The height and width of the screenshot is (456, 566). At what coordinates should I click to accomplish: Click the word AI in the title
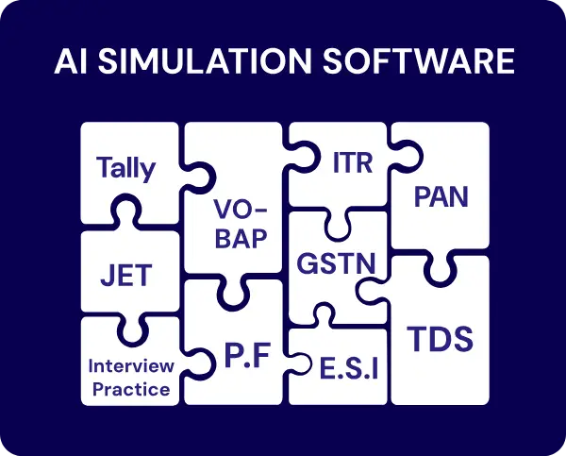coord(71,61)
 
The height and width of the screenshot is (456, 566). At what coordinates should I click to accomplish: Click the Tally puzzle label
coord(125,169)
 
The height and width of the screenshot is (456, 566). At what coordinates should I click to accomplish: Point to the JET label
coord(125,277)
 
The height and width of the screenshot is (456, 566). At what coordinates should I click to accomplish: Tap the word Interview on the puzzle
coord(131,365)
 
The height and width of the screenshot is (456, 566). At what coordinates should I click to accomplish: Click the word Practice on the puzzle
coord(131,389)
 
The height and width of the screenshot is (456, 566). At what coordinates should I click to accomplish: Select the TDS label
coord(440,338)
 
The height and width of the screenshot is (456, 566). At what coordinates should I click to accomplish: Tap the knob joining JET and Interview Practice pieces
coord(131,323)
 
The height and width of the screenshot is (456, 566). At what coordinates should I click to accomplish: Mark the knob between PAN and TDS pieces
coord(440,267)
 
